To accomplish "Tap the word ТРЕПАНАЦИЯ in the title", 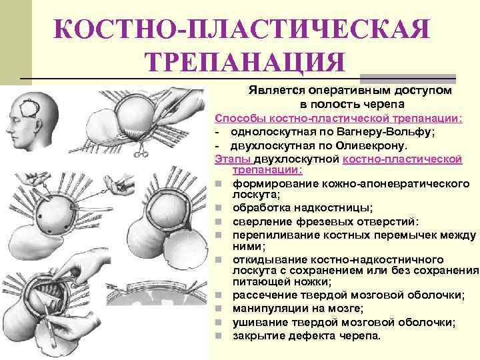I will (245, 62).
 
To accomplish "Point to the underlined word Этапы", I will (229, 159).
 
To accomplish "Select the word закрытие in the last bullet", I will (257, 335).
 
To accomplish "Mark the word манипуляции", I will (267, 309).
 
